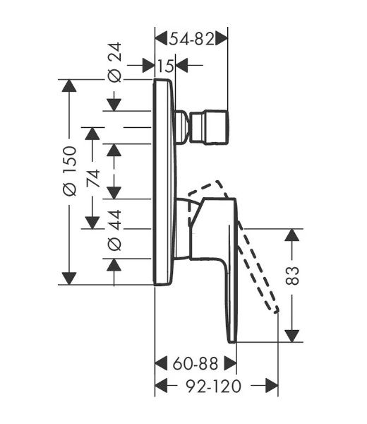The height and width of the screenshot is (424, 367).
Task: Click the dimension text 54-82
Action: [x=191, y=40]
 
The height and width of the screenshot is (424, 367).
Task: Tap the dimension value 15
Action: [x=165, y=66]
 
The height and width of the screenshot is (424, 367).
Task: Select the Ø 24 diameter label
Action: [x=114, y=62]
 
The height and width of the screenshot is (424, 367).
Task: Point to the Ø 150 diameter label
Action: [x=70, y=170]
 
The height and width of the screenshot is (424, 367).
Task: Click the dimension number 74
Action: [x=93, y=178]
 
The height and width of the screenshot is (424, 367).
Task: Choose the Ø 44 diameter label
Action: [x=114, y=230]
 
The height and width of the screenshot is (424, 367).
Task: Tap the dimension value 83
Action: [x=292, y=276]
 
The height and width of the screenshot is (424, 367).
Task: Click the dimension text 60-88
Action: [x=195, y=364]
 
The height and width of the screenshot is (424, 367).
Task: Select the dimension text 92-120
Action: [x=213, y=386]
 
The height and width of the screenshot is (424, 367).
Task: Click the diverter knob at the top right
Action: [x=210, y=126]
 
